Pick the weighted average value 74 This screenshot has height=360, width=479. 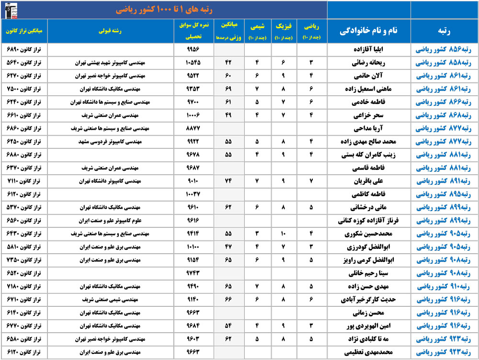pos(228,181)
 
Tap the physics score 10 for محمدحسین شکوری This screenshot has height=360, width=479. pos(284,234)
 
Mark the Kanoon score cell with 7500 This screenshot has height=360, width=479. pos(24,89)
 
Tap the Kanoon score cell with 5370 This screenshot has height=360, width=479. pos(24,208)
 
